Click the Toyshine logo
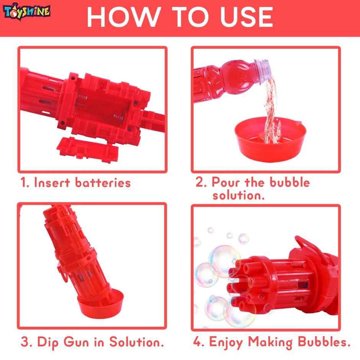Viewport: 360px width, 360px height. coord(26,11)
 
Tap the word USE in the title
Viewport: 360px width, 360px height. coord(241,16)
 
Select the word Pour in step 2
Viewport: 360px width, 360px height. coord(226,182)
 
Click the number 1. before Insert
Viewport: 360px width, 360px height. coord(25,183)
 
